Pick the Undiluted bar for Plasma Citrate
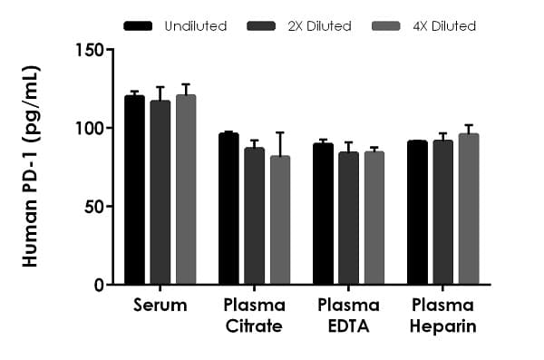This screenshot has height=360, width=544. pos(228,209)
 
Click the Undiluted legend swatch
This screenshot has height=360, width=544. pos(138,25)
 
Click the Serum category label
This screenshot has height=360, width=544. pos(160,305)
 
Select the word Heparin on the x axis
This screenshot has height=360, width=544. pos(443,326)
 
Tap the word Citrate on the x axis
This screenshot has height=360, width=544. pos(254,326)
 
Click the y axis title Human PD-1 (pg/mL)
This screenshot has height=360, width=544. pos(31,167)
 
